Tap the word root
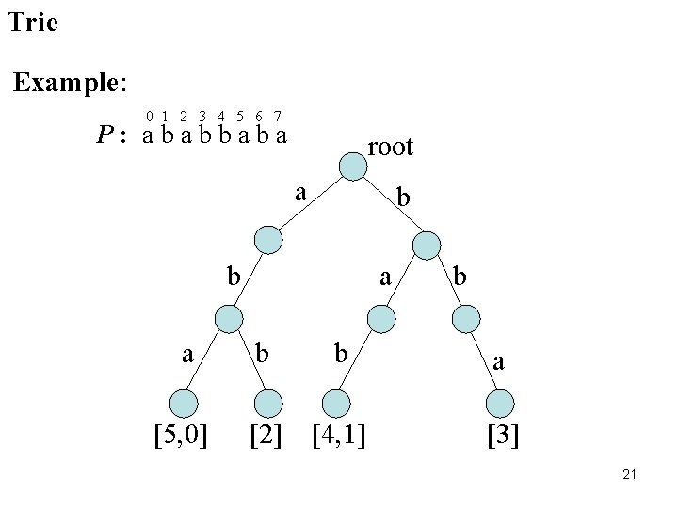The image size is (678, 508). pos(390,147)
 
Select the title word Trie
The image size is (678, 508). pos(32,22)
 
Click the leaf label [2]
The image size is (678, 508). pos(266,436)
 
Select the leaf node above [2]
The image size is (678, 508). pos(268,403)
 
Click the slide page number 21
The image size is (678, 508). pos(630,476)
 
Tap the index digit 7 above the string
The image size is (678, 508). pos(278,117)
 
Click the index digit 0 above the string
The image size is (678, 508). pos(150,117)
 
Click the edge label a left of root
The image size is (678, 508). pos(299,193)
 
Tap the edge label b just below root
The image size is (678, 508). pos(403,198)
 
